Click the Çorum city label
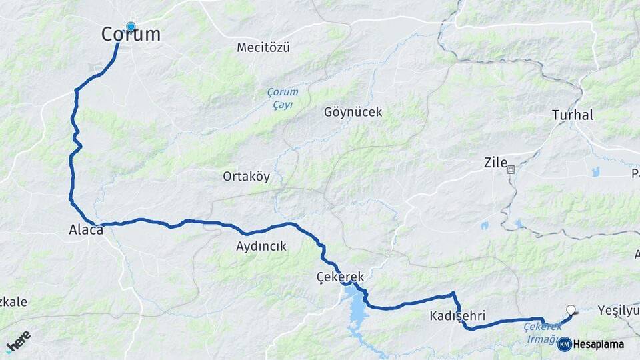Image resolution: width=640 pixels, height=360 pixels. [x=131, y=35]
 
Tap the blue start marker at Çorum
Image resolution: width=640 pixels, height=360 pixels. [x=131, y=27]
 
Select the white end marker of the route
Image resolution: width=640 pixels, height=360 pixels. [x=570, y=309]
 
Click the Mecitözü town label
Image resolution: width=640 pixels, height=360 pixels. [x=265, y=47]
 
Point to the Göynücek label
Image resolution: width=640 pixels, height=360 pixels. [x=353, y=112]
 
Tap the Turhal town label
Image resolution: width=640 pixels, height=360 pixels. [x=572, y=115]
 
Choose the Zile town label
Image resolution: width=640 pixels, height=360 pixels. [x=495, y=163]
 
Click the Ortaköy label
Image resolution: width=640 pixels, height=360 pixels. [x=246, y=177]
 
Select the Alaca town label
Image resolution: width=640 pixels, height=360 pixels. [x=86, y=230]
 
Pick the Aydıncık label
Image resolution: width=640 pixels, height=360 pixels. [x=261, y=246]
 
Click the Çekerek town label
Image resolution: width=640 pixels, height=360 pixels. [x=340, y=276]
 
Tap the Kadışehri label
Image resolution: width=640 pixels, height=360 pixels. [x=457, y=315]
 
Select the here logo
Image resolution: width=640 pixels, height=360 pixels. [x=18, y=341]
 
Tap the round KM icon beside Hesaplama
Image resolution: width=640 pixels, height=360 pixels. [x=564, y=344]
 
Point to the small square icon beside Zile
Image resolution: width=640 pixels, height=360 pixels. [x=511, y=169]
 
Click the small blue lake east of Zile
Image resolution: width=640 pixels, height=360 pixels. [x=595, y=171]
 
